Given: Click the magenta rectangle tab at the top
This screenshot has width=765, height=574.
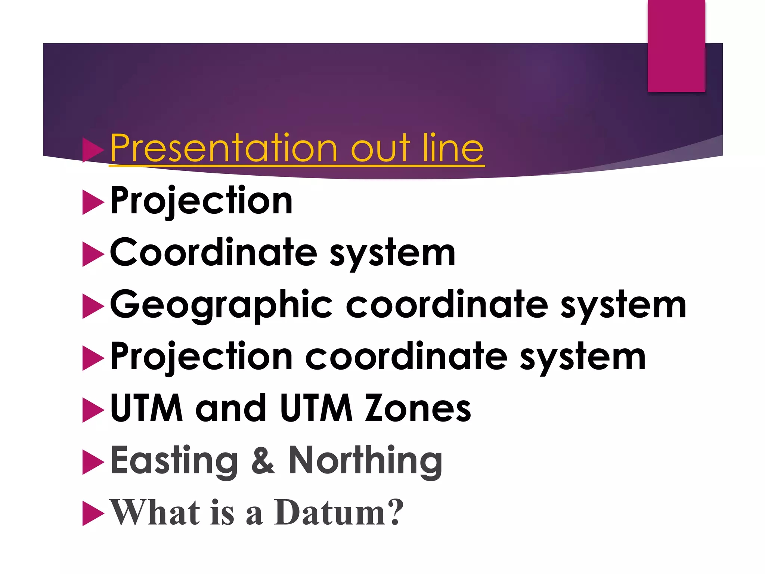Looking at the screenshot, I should [x=676, y=46].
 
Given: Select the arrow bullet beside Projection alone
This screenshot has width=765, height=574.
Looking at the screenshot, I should [x=92, y=202].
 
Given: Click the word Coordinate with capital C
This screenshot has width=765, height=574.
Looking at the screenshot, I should [x=213, y=253].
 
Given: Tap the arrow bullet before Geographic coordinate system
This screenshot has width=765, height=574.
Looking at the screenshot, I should [x=92, y=306].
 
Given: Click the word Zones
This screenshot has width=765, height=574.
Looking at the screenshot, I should [x=418, y=408].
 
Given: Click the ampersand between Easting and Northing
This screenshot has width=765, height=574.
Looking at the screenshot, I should [x=263, y=460].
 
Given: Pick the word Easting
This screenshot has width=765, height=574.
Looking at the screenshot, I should [x=174, y=460].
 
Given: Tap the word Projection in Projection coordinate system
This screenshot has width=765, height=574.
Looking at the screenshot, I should [x=201, y=357].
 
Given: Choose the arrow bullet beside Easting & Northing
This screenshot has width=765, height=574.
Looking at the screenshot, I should [x=92, y=462].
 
